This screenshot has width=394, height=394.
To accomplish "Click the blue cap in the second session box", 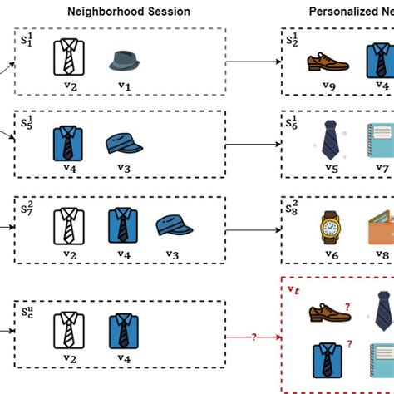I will tap(125, 143).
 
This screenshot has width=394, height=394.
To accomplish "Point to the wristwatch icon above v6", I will tap(331, 224).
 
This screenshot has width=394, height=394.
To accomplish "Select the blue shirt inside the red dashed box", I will tap(326, 359).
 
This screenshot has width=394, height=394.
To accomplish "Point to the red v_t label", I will tap(293, 288).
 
